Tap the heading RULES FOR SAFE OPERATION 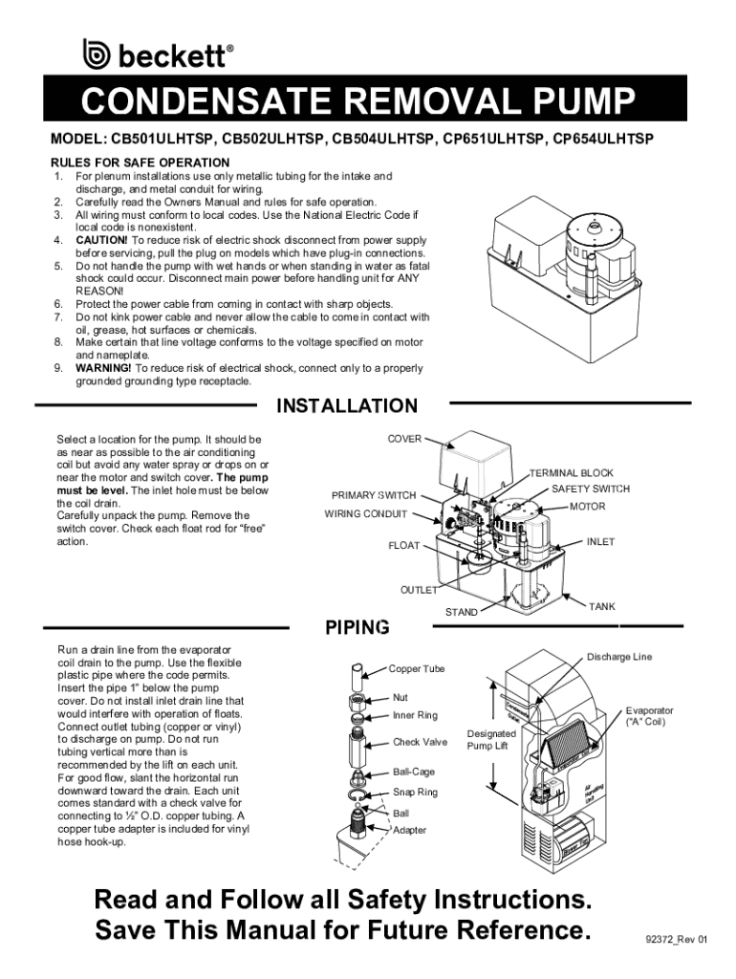click(x=141, y=163)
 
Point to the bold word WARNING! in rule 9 click(x=105, y=368)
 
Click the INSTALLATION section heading click(x=347, y=406)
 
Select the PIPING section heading click(x=357, y=628)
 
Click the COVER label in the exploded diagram click(x=404, y=438)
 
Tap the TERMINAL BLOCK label click(x=571, y=472)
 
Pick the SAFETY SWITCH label click(x=591, y=489)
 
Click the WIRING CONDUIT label click(x=365, y=513)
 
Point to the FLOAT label click(x=403, y=546)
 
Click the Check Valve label click(x=420, y=742)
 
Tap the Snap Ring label click(x=415, y=793)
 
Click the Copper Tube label click(x=418, y=668)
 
